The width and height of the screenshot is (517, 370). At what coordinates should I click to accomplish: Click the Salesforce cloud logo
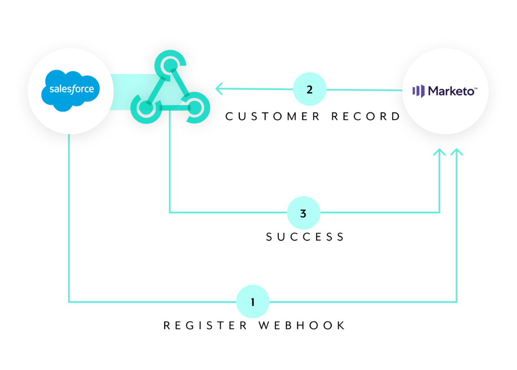(x=70, y=90)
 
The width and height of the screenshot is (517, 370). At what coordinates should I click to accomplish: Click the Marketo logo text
(x=451, y=91)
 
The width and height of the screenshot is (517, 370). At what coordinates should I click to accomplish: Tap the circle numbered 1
(x=253, y=302)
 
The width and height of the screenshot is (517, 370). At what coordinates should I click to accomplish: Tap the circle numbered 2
(x=309, y=90)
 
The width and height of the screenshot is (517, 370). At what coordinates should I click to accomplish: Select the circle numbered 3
(x=303, y=213)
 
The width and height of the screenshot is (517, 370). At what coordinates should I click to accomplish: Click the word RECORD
(x=366, y=116)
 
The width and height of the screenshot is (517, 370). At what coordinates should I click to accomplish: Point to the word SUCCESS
(x=305, y=236)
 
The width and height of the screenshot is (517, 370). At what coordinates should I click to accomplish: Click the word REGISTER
(x=205, y=326)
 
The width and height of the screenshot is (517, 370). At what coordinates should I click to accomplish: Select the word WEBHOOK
(x=302, y=326)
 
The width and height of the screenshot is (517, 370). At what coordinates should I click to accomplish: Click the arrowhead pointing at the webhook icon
(x=220, y=89)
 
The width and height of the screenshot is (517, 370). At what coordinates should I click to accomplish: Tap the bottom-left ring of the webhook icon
(x=145, y=107)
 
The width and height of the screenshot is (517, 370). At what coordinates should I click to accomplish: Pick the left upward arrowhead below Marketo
(x=439, y=153)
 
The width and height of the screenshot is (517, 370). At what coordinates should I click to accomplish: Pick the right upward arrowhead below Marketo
(x=456, y=153)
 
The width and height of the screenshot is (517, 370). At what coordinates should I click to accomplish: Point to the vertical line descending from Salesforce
(x=69, y=217)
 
